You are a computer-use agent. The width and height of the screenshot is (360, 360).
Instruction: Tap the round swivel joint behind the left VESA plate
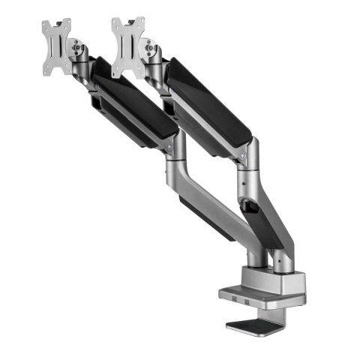tap(77, 50)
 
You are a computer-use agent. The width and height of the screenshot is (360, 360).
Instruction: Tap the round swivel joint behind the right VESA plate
tap(151, 51)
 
